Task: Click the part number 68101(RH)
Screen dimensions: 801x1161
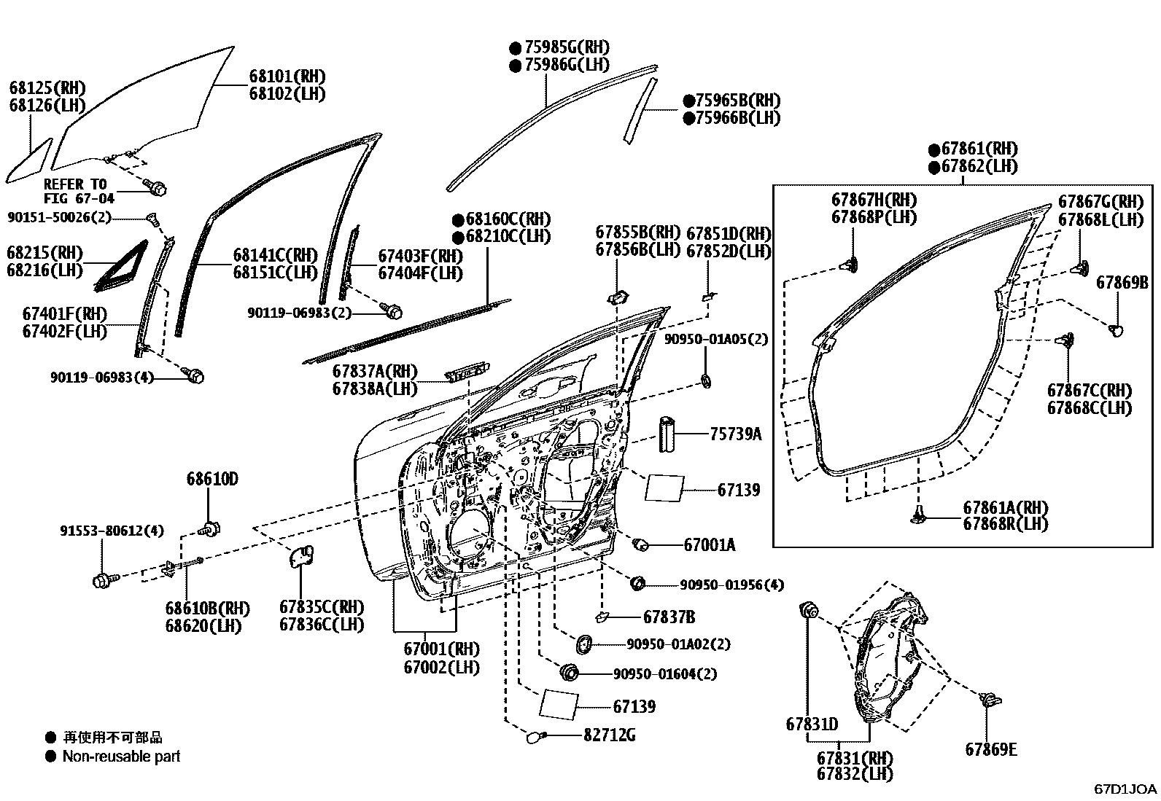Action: point(287,77)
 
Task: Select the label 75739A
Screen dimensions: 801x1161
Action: point(735,434)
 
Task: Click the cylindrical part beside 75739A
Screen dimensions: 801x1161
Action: point(667,435)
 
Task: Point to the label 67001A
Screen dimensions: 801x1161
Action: point(710,544)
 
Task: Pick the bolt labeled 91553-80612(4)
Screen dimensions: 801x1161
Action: point(102,581)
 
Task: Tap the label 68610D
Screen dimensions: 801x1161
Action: point(212,479)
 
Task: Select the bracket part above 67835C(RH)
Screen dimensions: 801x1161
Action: point(300,556)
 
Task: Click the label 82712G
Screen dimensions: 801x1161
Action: point(609,735)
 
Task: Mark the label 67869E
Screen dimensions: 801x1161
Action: point(990,749)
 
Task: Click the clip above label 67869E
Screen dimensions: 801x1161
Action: point(988,700)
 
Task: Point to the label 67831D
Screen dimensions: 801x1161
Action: point(812,724)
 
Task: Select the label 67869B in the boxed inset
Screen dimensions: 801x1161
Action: point(1122,282)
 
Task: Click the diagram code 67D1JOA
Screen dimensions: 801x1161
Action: point(1125,789)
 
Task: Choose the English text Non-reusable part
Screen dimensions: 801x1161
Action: point(121,757)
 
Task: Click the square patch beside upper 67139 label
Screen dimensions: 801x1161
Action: point(664,488)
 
